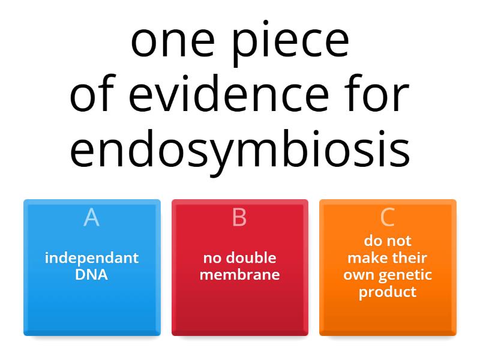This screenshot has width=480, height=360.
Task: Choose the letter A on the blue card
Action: coord(91,217)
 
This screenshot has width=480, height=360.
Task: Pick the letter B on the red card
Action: coord(239,217)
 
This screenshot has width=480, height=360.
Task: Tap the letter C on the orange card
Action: coord(388,217)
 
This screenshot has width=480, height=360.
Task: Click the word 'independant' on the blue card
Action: coord(92,258)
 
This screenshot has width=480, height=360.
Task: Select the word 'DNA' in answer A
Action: coord(92,275)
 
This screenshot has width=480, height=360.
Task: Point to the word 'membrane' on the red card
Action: coord(239,275)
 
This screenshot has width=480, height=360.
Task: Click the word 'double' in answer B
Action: coord(252,258)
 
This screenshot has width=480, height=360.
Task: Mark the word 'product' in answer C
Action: coord(388,292)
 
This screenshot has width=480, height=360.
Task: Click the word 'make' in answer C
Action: coord(367,258)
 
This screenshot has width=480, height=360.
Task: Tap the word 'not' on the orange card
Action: coord(400,241)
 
